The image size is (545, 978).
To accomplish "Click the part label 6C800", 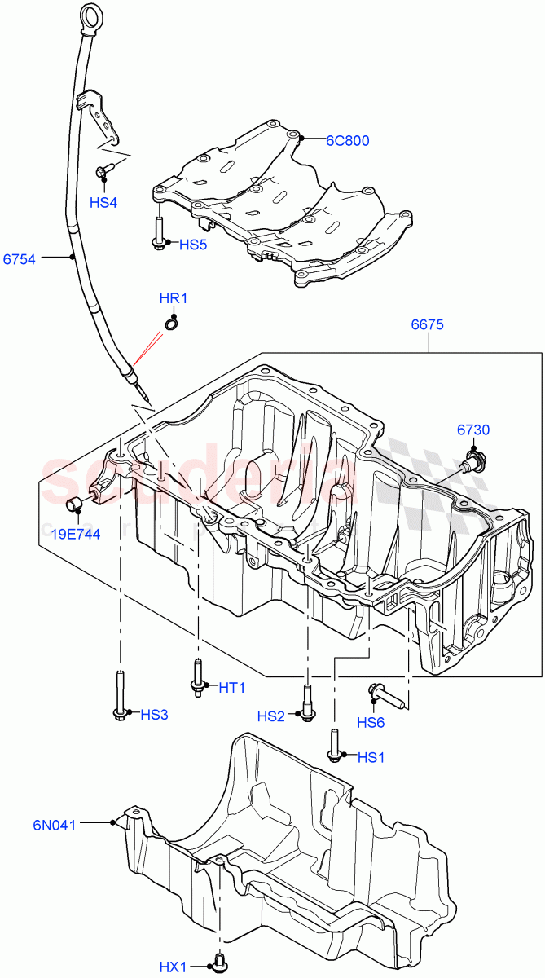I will (348, 140).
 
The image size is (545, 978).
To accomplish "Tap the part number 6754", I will (19, 259).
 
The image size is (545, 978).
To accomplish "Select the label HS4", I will (103, 202).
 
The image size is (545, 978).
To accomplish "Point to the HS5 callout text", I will (194, 244).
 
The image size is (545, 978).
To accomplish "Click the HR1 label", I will (174, 298).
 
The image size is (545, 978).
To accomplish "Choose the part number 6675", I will (427, 324).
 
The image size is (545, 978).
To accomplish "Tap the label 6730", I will (473, 430).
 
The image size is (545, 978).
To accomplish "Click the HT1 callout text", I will (232, 688).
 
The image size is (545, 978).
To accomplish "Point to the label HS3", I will (154, 715).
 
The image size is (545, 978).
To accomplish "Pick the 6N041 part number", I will (55, 825).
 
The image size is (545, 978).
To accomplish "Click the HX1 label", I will (173, 967).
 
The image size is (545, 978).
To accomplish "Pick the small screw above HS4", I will (104, 171).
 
